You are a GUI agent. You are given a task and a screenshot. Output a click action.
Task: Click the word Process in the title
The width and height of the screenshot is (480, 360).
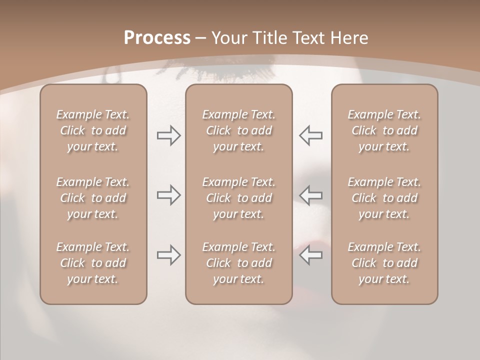(157, 38)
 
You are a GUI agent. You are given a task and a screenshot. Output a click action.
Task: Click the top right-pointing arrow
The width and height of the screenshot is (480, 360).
(169, 135)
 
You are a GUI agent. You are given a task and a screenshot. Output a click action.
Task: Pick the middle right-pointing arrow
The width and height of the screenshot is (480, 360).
(169, 194)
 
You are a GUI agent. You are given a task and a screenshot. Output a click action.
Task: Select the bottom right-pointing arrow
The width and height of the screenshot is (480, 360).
(169, 255)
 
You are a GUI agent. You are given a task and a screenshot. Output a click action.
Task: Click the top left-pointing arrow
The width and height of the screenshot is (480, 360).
(310, 135)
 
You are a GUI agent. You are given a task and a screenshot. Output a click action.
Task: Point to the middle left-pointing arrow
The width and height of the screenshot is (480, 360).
(310, 194)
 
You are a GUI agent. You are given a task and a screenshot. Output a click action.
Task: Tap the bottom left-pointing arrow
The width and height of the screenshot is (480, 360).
(310, 255)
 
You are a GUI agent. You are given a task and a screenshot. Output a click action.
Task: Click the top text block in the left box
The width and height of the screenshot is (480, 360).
(93, 130)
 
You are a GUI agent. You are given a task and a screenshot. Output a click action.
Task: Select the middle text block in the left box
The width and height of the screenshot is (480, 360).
(93, 198)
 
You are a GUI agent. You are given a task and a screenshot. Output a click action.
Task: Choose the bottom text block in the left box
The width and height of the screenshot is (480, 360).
(93, 263)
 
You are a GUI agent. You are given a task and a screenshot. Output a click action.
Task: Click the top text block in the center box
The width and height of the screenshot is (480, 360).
(238, 130)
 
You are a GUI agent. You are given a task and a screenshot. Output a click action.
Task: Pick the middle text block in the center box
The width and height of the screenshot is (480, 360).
(238, 198)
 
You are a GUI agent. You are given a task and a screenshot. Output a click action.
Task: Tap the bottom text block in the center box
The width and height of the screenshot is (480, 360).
(238, 263)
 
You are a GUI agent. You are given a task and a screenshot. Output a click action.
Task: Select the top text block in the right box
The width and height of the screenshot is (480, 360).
(384, 130)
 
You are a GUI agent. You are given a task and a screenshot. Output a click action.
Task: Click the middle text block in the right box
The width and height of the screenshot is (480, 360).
(384, 198)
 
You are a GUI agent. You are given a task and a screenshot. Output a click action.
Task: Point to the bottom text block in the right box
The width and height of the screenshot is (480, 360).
(384, 263)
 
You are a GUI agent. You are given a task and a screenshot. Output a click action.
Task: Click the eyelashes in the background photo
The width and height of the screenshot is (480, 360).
(200, 75)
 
